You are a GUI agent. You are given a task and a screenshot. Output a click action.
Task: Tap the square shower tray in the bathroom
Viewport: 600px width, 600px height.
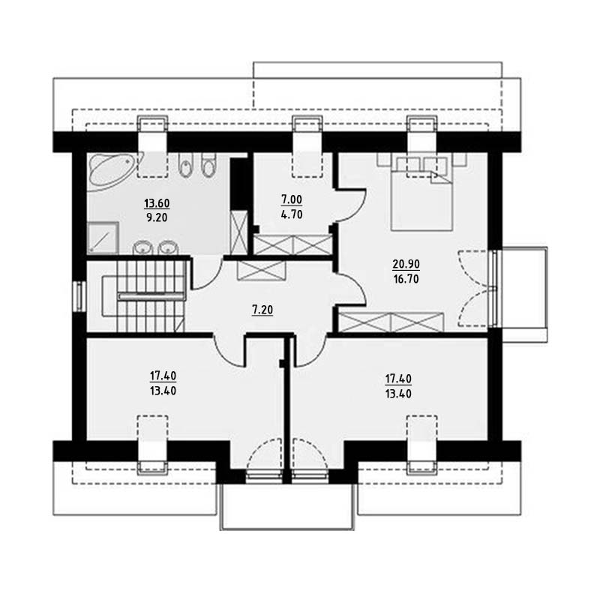click(x=103, y=238)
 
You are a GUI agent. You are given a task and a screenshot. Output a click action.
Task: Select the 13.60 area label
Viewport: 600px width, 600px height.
click(x=157, y=203)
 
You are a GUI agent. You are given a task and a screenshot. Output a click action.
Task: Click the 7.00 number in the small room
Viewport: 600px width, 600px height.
click(x=292, y=199)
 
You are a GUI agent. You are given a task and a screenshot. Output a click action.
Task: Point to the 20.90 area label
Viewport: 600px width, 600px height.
click(x=406, y=264)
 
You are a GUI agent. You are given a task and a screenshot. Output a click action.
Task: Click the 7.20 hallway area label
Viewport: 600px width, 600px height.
click(x=262, y=310)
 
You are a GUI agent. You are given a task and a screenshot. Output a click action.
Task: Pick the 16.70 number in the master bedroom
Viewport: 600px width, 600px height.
click(x=406, y=279)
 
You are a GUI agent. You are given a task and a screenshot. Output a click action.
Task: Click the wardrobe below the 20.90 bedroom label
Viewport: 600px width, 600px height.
click(x=391, y=322)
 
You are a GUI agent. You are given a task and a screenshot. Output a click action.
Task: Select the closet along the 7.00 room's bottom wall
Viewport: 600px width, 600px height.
click(x=292, y=245)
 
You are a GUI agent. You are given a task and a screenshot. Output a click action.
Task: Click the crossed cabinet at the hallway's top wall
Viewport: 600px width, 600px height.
click(x=261, y=271)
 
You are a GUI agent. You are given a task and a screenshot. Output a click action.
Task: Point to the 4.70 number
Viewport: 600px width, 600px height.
click(x=292, y=214)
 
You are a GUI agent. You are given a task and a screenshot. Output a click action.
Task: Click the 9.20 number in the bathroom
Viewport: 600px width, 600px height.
click(x=157, y=217)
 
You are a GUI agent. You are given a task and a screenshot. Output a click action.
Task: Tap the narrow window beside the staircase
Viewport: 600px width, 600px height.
click(x=79, y=296)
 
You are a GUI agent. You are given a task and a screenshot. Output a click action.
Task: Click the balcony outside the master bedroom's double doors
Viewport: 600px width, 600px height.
click(x=524, y=295)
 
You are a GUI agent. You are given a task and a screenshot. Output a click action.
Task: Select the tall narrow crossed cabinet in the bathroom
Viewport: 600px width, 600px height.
click(x=239, y=232)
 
